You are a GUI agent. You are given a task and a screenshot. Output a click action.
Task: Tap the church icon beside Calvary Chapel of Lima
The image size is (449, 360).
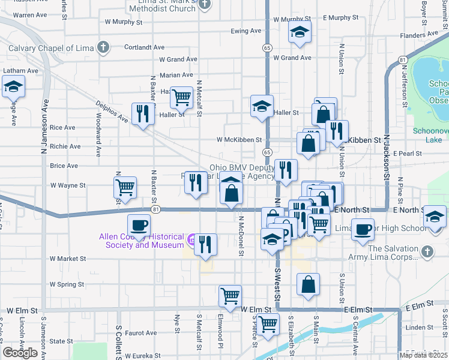103,47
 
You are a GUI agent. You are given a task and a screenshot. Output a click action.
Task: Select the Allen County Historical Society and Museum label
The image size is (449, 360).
142,241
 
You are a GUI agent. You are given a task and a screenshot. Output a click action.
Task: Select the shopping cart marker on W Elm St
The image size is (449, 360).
230,295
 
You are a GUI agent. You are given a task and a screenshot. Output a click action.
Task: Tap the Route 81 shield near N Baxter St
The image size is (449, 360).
156,209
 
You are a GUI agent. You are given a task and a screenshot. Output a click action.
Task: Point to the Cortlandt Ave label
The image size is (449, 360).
144,47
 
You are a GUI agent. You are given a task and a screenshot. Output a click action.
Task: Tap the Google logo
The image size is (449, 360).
20,353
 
